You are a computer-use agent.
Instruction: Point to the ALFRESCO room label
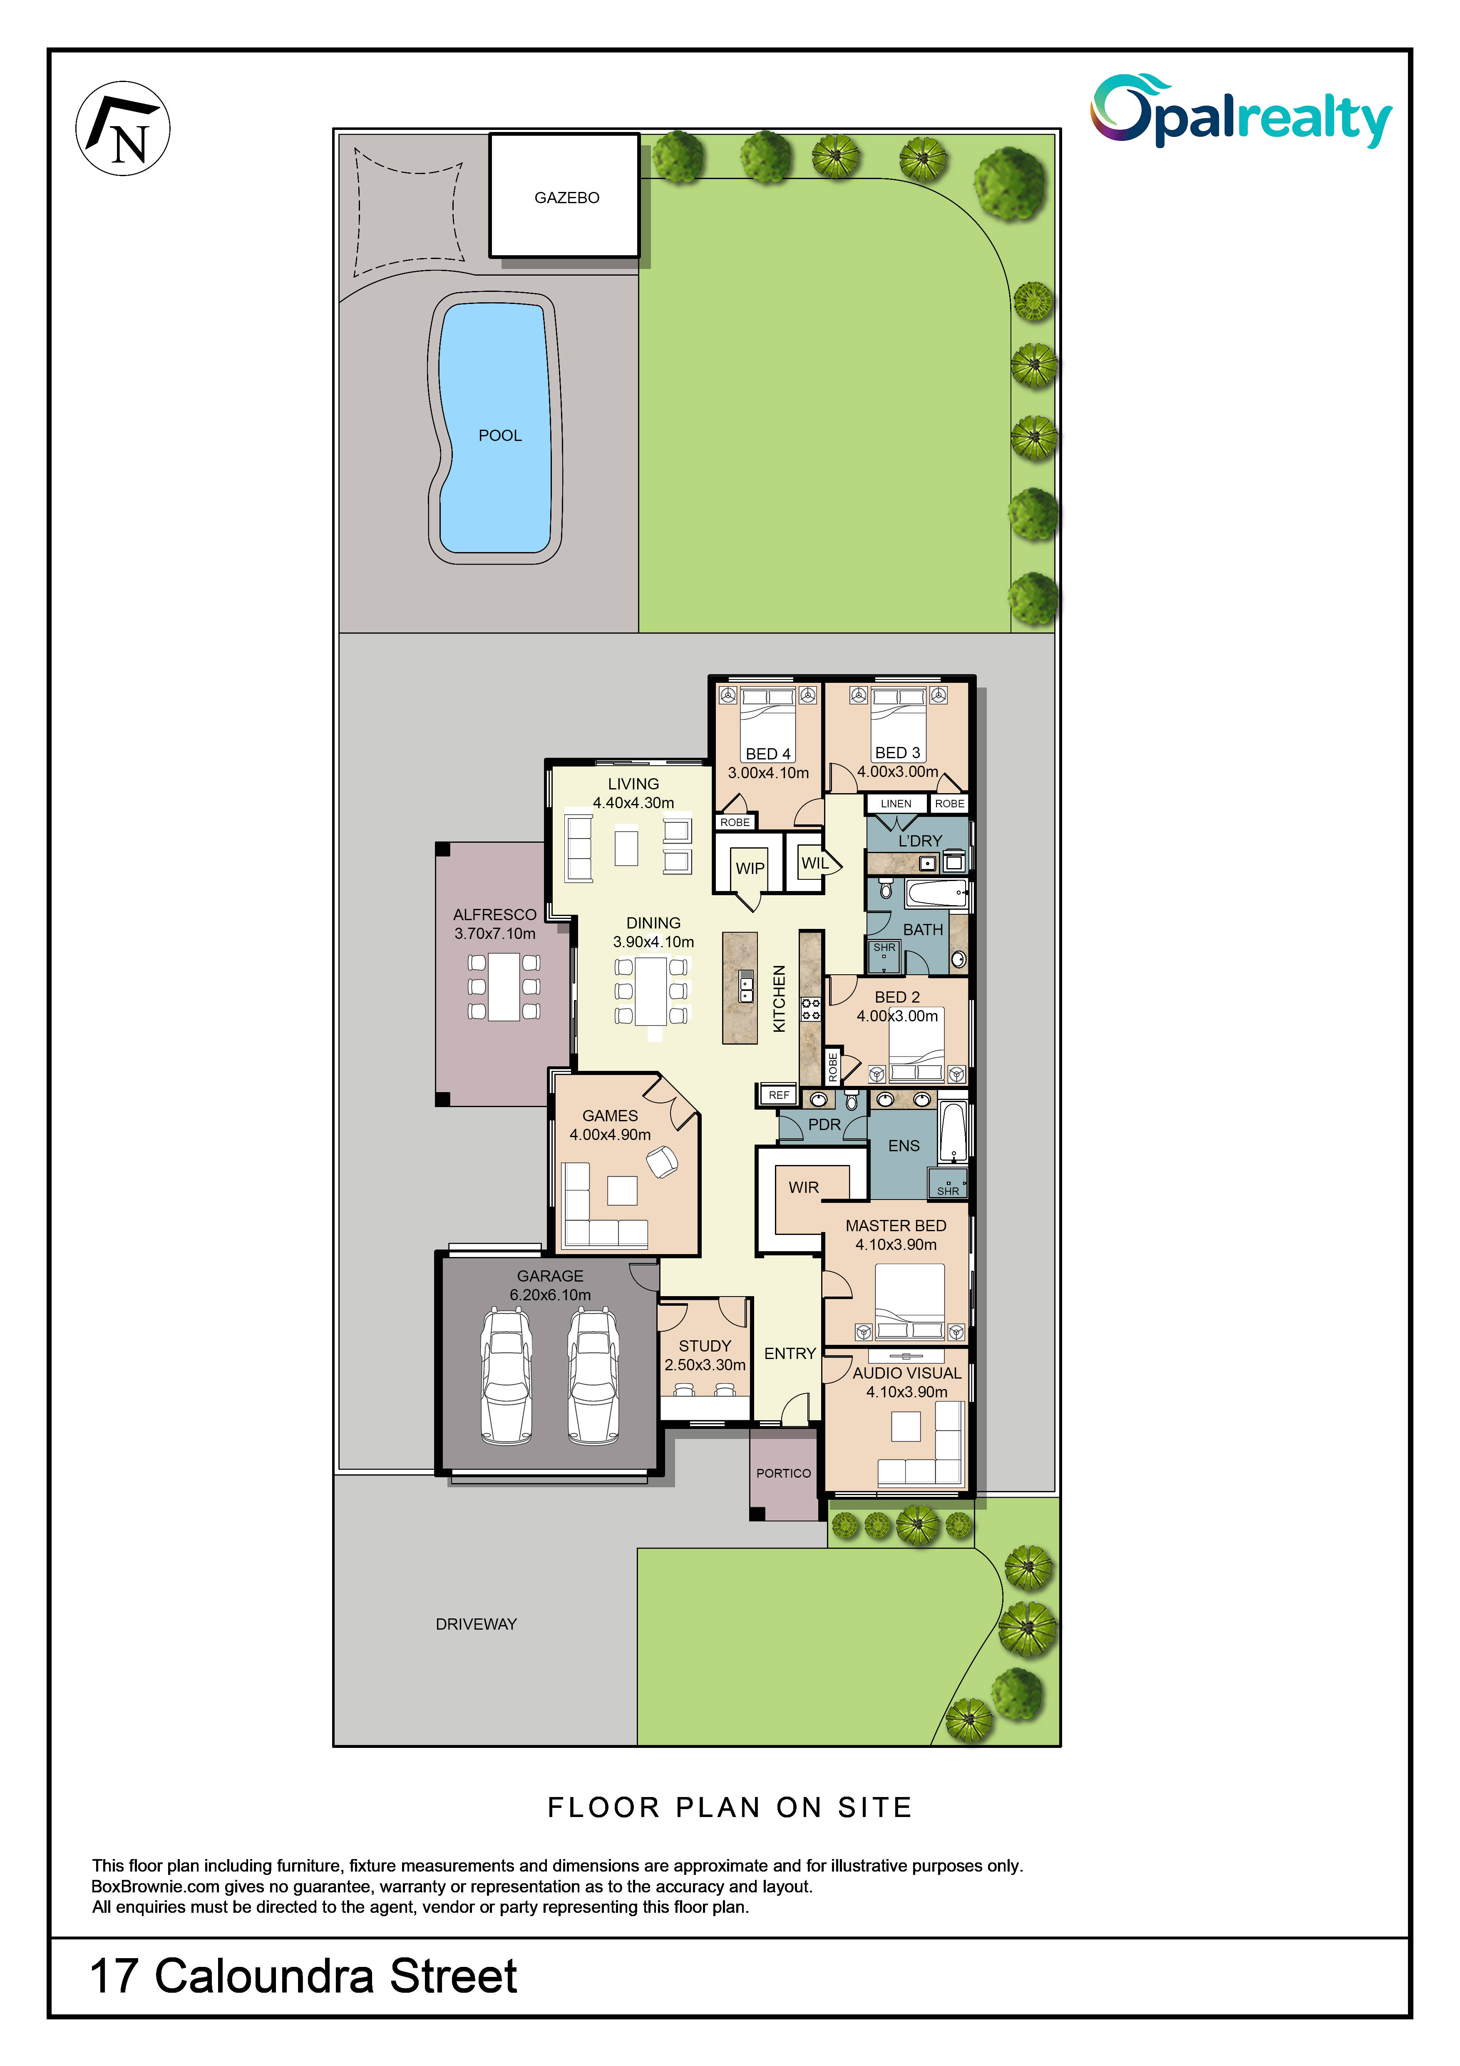coord(495,914)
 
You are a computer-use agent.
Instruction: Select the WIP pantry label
coord(750,869)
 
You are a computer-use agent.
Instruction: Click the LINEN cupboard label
coord(896,804)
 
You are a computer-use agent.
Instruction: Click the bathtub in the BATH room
coord(936,894)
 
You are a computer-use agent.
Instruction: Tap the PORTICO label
coord(784,1473)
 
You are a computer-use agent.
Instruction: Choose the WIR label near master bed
coord(803,1188)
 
